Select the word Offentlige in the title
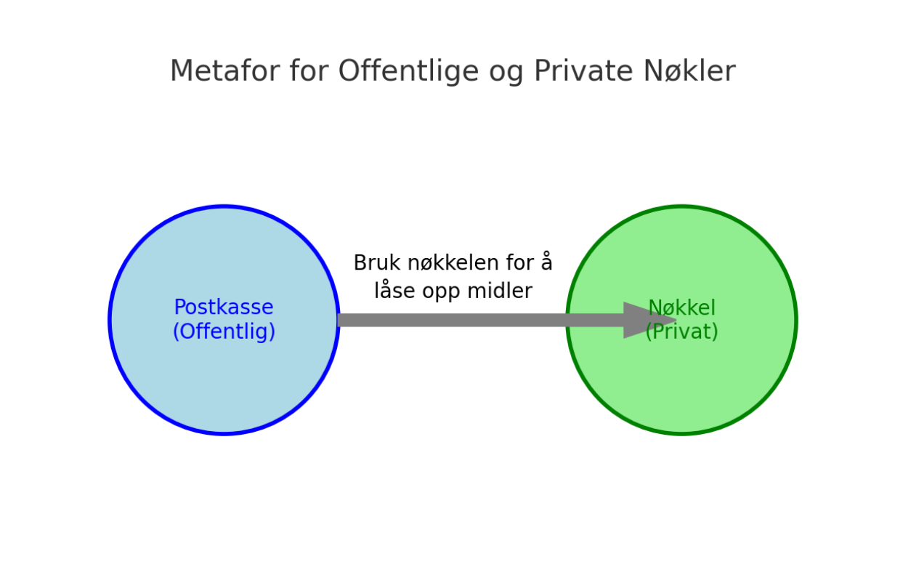coord(408,71)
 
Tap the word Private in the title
coord(583,71)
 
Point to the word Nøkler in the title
coord(689,71)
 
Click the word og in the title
coord(506,73)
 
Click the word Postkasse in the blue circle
coord(224,307)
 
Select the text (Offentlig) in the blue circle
coord(224,331)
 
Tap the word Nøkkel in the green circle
coord(682,307)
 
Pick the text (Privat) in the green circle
coord(682,331)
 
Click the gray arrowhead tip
coord(677,320)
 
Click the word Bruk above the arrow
coord(377,262)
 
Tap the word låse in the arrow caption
coord(394,290)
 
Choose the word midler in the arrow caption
coord(500,290)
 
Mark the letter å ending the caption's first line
coord(546,262)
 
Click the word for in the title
coord(309,71)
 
